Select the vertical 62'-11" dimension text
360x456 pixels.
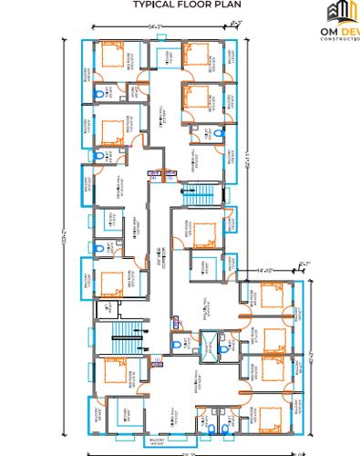pyautogui.click(x=247, y=164)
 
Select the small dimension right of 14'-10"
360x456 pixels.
pyautogui.click(x=303, y=264)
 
